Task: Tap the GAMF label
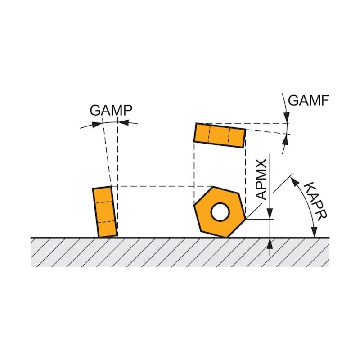pos(309,100)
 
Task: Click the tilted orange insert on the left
pos(105,211)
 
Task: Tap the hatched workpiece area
pos(180,252)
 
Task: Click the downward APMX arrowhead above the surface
pos(270,215)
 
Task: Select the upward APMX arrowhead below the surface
pos(270,243)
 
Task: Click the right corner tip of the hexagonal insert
pos(246,220)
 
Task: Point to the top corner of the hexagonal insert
pos(213,187)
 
